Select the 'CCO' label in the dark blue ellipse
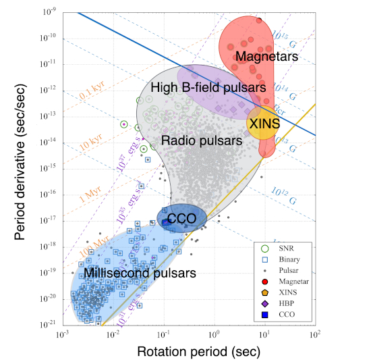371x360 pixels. tap(181, 219)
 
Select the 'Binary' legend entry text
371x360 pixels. tap(289, 259)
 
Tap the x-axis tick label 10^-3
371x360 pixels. tap(63, 334)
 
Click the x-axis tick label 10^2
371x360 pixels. tap(315, 334)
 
